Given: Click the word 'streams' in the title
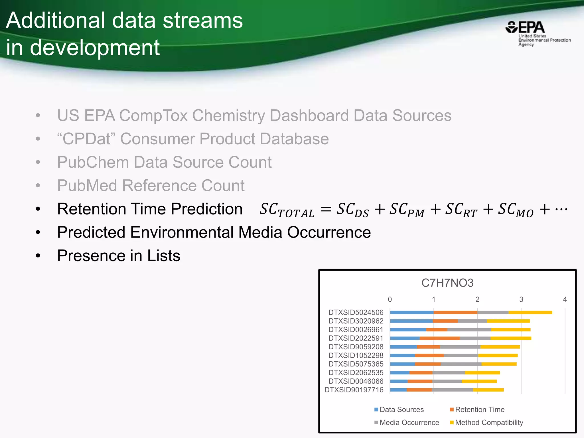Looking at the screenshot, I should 202,21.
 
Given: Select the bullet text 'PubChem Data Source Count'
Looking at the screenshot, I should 164,162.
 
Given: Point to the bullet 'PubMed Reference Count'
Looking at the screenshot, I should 151,186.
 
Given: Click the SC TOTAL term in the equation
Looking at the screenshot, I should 287,210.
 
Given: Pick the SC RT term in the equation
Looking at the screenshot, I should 461,210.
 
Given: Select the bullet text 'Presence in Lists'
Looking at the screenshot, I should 119,255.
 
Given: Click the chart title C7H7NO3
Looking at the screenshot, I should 447,283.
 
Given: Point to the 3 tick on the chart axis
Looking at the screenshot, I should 521,299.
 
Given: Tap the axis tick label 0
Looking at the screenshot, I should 390,299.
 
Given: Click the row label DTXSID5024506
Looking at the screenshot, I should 356,313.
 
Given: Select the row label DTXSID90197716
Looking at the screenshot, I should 354,390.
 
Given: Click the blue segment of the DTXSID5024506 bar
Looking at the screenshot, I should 412,313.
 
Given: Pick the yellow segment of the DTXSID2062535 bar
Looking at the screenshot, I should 482,373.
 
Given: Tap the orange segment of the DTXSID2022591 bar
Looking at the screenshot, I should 439,338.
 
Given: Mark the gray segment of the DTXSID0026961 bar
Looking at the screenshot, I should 469,330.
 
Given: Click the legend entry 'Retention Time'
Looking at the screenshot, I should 480,409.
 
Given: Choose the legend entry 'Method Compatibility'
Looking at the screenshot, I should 489,422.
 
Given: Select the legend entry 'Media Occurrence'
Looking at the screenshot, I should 409,422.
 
